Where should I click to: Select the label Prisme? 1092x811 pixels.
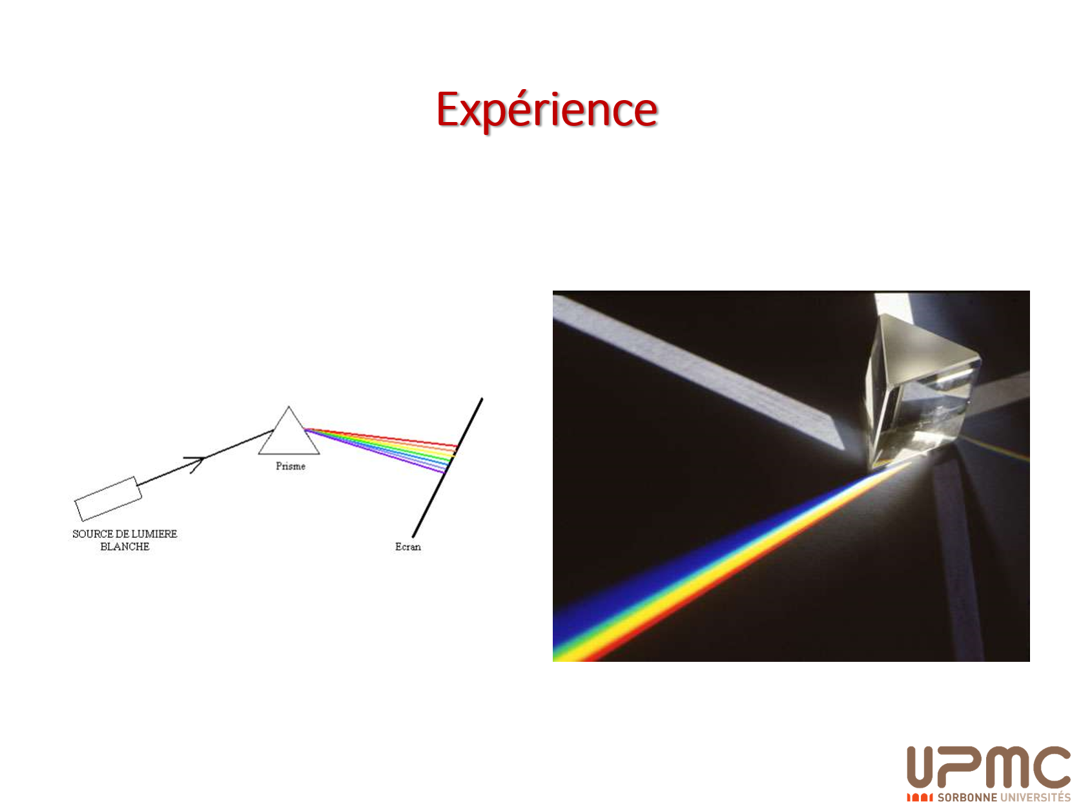tap(290, 466)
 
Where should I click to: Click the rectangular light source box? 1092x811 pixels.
tap(108, 498)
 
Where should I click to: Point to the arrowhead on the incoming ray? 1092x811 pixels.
tap(197, 462)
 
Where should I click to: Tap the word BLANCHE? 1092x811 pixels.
tap(125, 546)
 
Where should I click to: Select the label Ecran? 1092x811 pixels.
tap(407, 546)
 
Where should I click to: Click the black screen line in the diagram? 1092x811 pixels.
tap(447, 467)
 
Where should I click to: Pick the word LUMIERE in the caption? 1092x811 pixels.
tap(154, 534)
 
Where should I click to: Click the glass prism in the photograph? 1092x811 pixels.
tap(921, 389)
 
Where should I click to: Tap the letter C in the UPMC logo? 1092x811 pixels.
tap(1051, 766)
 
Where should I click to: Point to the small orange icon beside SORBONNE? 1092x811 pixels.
tap(920, 797)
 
